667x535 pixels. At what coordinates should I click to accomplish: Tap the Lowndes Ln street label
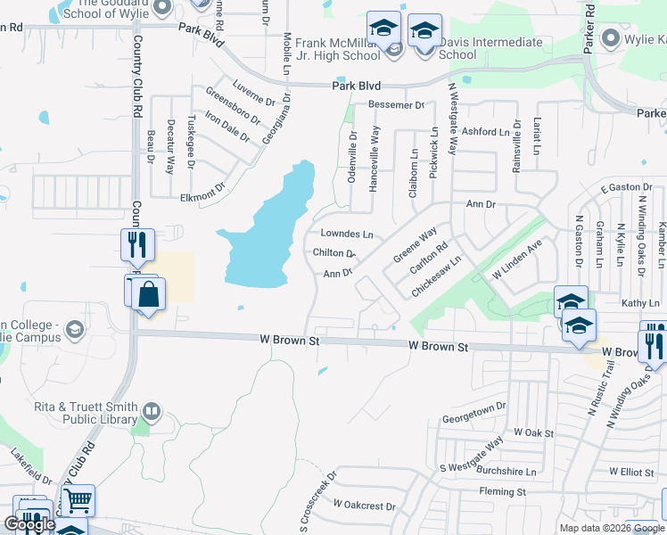(346, 234)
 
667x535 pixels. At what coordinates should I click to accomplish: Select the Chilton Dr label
(334, 253)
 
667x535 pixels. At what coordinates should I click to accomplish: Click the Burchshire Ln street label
(506, 471)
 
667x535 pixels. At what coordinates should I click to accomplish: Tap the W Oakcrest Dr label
(364, 506)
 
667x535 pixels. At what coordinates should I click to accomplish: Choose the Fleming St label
(502, 491)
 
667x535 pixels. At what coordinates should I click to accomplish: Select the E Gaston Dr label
(621, 187)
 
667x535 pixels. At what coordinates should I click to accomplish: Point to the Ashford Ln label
(485, 132)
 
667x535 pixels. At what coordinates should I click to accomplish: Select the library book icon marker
(152, 411)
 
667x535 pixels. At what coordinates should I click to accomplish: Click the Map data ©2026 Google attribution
(611, 528)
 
